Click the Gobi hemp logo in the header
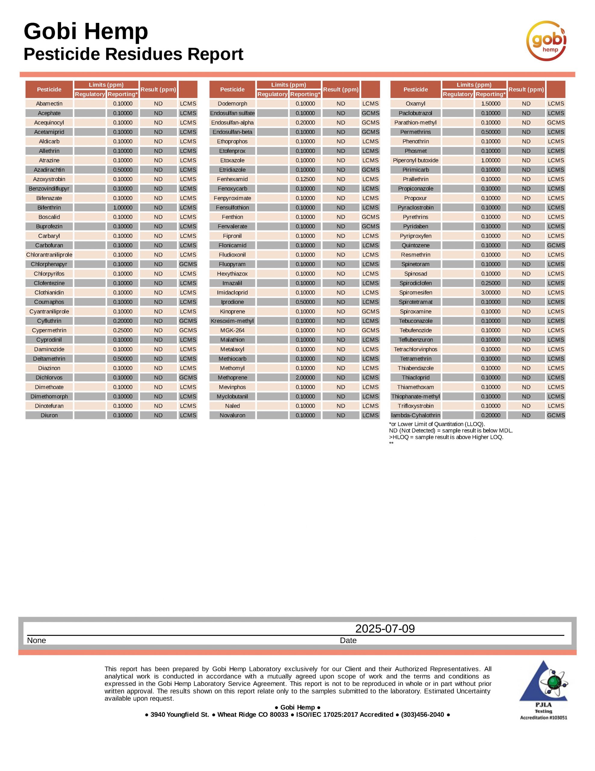[546, 41]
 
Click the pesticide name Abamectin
[49, 103]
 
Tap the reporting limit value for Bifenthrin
[123, 208]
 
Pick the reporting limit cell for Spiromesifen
[491, 293]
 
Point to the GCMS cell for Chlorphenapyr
[188, 264]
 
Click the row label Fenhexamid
[232, 179]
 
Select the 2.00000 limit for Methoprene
[305, 378]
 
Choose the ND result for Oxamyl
[526, 103]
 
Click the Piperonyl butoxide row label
[415, 160]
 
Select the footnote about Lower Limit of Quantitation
[437, 424]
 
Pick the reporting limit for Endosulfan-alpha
[305, 123]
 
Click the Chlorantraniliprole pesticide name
[49, 255]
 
